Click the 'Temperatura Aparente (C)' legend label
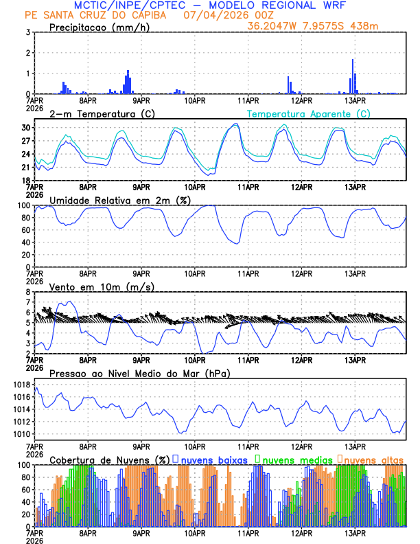click(x=308, y=113)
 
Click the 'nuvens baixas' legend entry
click(x=213, y=459)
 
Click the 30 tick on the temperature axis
click(x=25, y=128)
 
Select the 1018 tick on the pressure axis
click(x=22, y=385)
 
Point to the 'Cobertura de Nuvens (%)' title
click(x=110, y=459)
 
